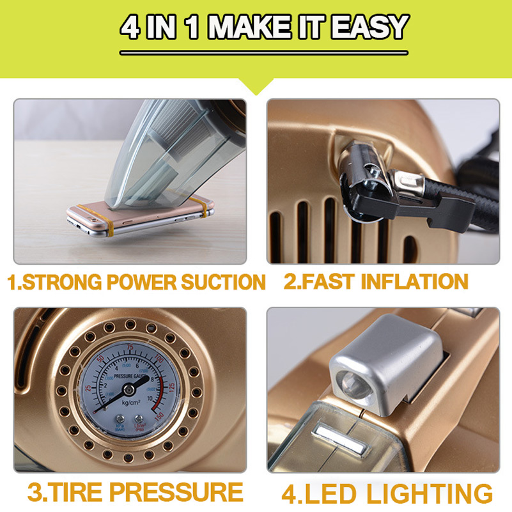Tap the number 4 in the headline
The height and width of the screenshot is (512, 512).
tap(131, 27)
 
